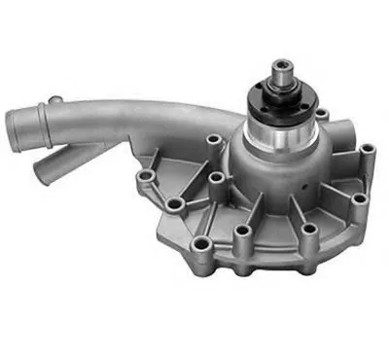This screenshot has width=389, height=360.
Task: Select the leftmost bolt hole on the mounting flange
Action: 147,176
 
